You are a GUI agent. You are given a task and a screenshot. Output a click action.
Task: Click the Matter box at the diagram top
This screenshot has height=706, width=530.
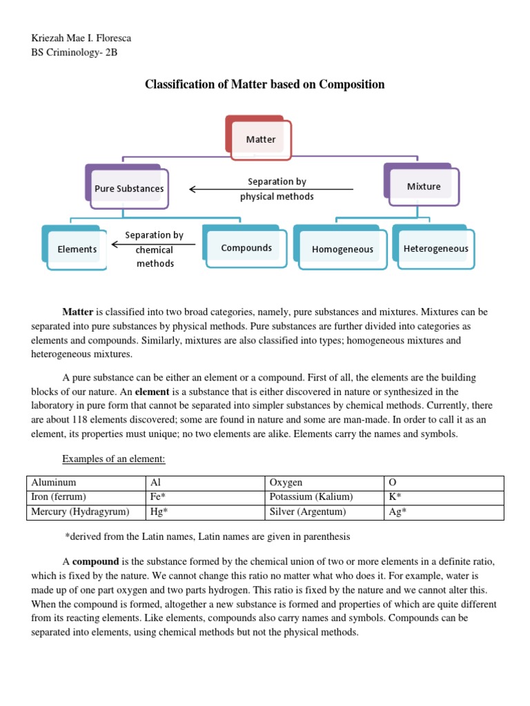pos(260,139)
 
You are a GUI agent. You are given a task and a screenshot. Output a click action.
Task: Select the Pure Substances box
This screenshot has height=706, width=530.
pos(129,188)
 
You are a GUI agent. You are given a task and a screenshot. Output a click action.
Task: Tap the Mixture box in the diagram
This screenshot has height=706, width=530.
pos(423,186)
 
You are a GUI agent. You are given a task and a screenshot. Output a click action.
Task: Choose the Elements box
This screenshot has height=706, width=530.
pos(77,249)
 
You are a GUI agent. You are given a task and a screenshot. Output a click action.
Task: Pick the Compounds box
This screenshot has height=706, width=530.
pos(246,248)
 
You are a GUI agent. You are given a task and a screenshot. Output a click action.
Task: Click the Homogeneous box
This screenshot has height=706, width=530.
pos(342,250)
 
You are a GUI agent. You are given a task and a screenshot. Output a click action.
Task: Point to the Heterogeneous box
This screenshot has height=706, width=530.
pos(435,248)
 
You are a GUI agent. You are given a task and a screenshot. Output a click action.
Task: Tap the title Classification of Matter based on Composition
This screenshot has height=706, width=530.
pos(264,84)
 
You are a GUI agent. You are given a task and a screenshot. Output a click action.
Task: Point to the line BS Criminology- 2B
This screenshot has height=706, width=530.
pos(70,52)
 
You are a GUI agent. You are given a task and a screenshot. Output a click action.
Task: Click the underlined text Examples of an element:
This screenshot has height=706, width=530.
pos(114,458)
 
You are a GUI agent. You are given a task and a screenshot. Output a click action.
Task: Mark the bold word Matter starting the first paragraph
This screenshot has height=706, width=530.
pos(77,311)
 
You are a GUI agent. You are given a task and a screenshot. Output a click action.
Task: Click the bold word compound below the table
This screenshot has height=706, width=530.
pos(95,562)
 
